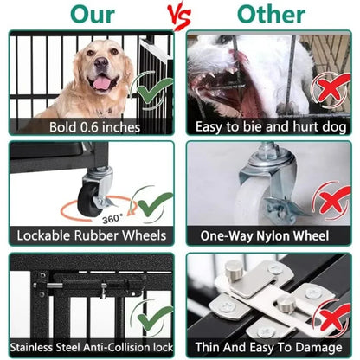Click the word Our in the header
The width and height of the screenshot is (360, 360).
tap(93, 15)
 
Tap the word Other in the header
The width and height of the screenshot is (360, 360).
tap(271, 15)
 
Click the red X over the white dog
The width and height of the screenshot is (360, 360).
tap(330, 91)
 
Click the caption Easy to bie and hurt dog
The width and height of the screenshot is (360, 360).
tap(270, 127)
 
